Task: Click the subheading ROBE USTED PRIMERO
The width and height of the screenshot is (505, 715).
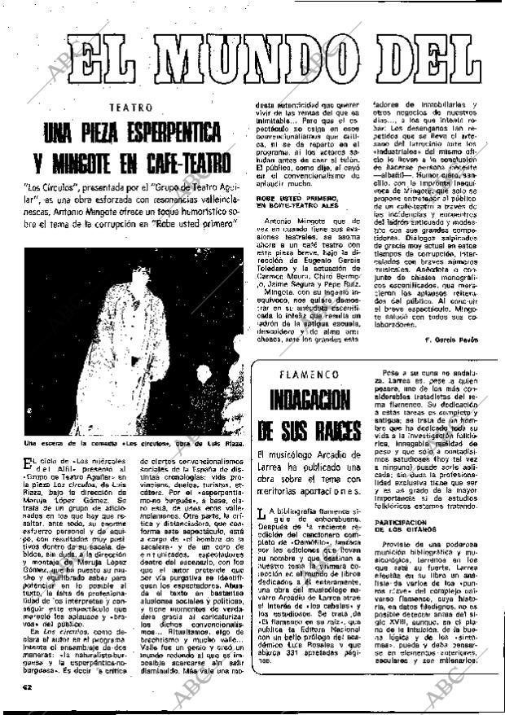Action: click(294, 197)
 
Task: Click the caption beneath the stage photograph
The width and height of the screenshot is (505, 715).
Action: click(134, 444)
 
